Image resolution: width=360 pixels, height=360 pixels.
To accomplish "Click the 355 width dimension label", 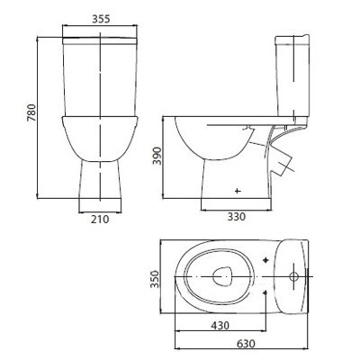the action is [x=101, y=19].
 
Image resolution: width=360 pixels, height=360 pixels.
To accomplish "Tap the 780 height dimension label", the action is [x=31, y=112].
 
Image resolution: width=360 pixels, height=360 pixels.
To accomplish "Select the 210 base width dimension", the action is [x=100, y=220].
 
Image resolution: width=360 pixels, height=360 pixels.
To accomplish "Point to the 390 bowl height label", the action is [x=157, y=156].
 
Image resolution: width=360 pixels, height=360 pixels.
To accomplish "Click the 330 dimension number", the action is [x=236, y=216].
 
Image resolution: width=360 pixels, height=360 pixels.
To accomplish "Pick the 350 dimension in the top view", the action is [x=155, y=279].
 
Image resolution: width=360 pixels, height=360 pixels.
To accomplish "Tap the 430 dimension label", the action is [x=220, y=325].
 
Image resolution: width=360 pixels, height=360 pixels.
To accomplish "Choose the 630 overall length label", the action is [x=246, y=344].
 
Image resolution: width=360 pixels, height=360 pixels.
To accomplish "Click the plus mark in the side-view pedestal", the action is [x=238, y=191].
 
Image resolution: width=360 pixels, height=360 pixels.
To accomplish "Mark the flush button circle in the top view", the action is [x=293, y=276].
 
